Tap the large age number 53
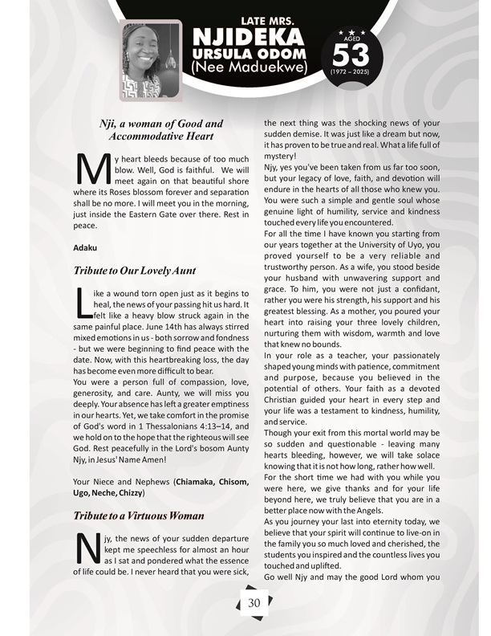point(350,55)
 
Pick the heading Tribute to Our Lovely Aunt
point(135,271)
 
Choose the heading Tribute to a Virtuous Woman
point(138,516)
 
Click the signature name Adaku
point(85,244)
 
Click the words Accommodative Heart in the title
point(156,137)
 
